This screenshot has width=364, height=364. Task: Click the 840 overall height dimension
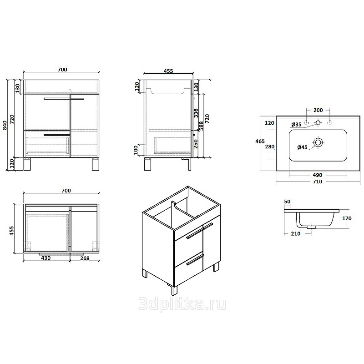point(5,126)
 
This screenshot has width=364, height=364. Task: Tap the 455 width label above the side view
point(168,71)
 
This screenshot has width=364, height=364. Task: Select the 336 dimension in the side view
point(196,113)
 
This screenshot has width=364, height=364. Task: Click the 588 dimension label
point(201,126)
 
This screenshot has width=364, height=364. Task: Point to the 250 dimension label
point(196,144)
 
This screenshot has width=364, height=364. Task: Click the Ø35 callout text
point(296,124)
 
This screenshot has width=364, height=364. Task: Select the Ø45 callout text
point(302,147)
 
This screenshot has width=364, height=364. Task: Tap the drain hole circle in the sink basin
point(318,142)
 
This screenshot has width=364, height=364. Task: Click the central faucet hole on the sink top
point(318,122)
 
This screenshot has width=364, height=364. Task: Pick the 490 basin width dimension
point(317,175)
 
